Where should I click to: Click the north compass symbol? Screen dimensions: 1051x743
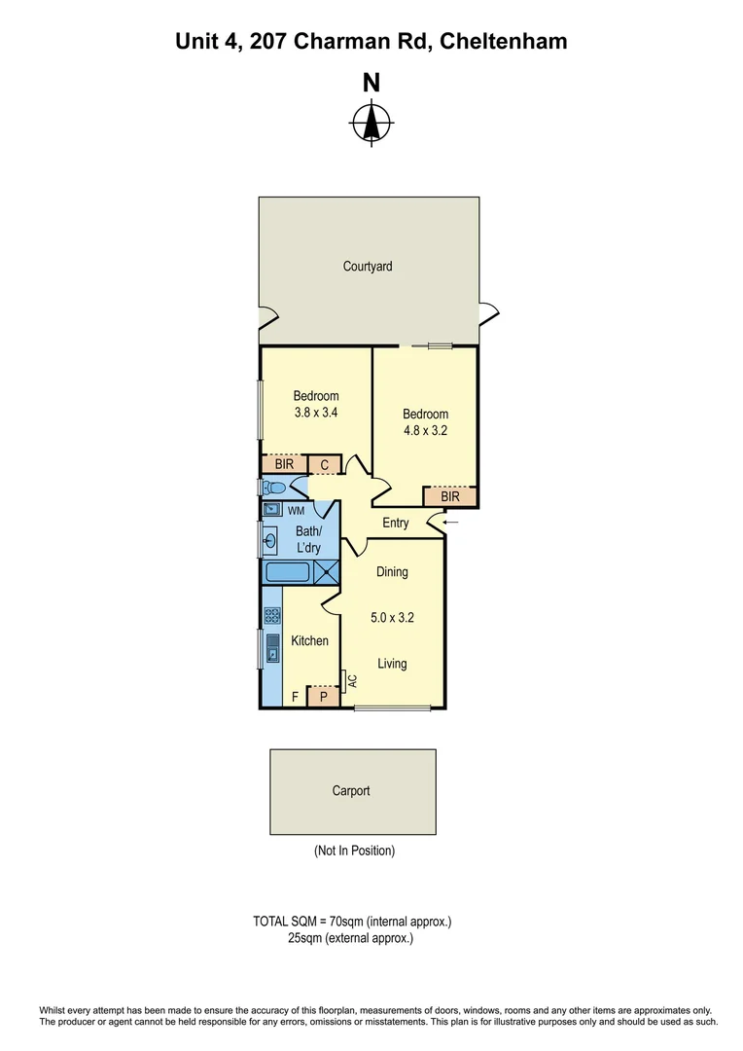point(371,122)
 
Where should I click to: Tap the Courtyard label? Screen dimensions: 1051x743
point(368,266)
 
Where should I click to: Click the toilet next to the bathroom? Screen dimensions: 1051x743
point(274,488)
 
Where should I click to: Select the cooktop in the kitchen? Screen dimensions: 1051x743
point(271,615)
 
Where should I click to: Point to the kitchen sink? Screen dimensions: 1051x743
point(272,647)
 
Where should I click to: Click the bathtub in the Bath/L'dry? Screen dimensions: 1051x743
point(288,572)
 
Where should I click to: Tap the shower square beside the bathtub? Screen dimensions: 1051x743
point(327,572)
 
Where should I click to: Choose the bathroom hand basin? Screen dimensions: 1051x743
point(270,537)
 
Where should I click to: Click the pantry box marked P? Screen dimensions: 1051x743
point(324,696)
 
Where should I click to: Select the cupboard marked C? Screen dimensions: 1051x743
point(324,465)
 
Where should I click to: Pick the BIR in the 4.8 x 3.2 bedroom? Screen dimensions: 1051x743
point(449,497)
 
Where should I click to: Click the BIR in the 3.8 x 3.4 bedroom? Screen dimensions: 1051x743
point(283,465)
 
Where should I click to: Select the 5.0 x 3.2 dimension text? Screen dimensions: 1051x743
point(393,617)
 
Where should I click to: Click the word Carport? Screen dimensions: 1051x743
point(351,791)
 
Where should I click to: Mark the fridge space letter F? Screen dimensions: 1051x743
point(296,697)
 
